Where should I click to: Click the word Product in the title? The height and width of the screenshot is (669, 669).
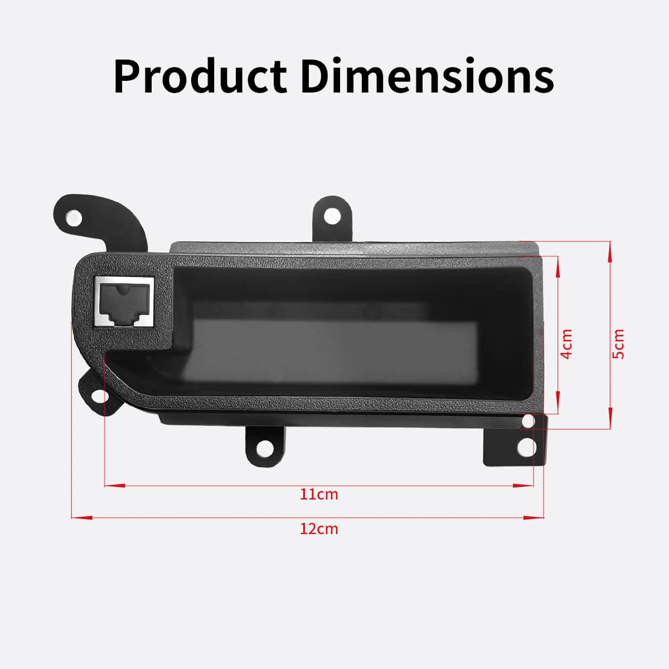[200, 76]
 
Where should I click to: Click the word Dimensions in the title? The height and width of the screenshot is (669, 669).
[427, 76]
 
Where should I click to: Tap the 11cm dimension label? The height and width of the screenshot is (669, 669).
[319, 494]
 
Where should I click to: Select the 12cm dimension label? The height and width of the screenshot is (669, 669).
[319, 528]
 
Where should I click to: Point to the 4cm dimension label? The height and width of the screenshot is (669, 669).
[566, 344]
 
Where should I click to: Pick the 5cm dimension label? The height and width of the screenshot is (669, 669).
[618, 344]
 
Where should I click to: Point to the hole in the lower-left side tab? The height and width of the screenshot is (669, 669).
[100, 396]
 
